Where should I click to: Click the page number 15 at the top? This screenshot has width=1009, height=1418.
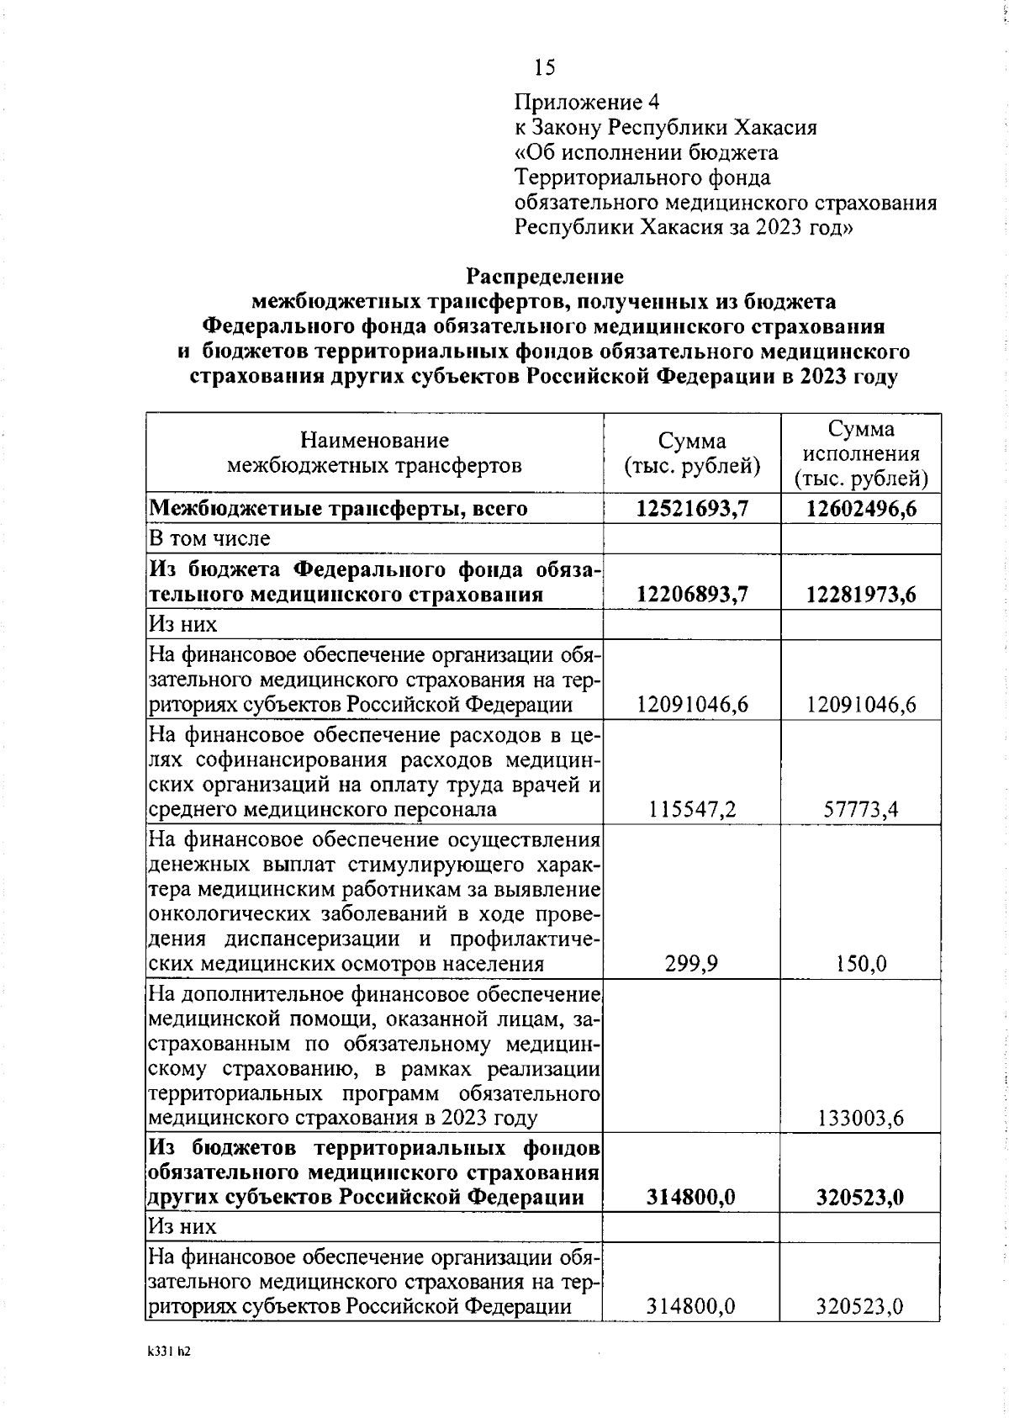(x=544, y=67)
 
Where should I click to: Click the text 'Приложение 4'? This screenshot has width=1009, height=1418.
(x=587, y=103)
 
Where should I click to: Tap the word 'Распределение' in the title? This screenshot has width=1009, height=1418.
(x=546, y=277)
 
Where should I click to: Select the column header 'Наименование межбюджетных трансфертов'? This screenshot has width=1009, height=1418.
(x=375, y=453)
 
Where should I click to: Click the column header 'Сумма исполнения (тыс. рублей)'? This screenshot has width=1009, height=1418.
(x=861, y=455)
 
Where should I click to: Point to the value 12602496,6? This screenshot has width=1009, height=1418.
(x=861, y=509)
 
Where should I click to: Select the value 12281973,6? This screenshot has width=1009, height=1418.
(x=861, y=595)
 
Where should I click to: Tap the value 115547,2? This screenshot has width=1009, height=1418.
(x=693, y=810)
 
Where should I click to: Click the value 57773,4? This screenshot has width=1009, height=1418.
(x=861, y=810)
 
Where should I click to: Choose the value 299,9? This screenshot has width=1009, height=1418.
(x=693, y=964)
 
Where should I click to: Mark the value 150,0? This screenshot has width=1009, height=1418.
(x=861, y=964)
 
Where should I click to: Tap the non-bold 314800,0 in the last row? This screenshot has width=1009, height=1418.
(x=693, y=1307)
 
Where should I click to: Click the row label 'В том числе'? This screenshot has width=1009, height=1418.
(x=209, y=538)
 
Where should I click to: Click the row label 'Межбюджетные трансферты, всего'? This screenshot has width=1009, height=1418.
(x=338, y=509)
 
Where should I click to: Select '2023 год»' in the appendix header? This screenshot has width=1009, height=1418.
(x=804, y=228)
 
